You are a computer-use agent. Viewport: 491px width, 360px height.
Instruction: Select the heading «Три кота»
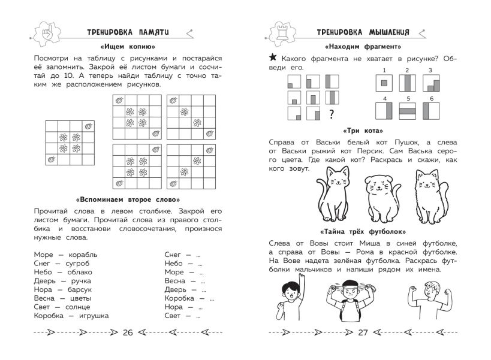pos(362,130)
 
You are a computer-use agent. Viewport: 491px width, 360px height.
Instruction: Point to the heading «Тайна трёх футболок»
pos(362,232)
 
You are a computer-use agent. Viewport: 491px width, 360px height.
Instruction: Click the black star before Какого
pos(273,57)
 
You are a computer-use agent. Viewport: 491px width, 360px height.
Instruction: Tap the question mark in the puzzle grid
pos(330,113)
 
